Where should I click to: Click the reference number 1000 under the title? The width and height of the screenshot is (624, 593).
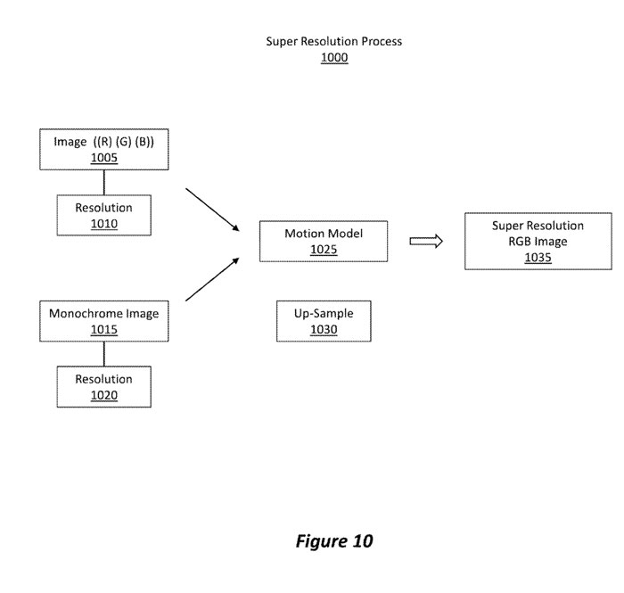pyautogui.click(x=334, y=58)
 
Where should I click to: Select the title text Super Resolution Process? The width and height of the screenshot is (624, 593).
pyautogui.click(x=334, y=42)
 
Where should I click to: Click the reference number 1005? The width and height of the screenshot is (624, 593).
pyautogui.click(x=104, y=158)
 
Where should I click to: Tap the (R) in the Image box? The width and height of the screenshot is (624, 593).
pyautogui.click(x=106, y=142)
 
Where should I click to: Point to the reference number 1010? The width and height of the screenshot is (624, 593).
pyautogui.click(x=104, y=224)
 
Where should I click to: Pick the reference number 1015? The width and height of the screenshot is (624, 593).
pyautogui.click(x=104, y=330)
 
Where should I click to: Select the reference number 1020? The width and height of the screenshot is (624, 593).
pyautogui.click(x=104, y=395)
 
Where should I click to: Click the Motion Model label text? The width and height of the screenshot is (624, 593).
pyautogui.click(x=324, y=234)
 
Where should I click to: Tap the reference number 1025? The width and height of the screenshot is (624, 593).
pyautogui.click(x=324, y=250)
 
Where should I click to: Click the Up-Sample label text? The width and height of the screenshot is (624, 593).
pyautogui.click(x=324, y=314)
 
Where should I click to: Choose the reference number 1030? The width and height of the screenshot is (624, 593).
pyautogui.click(x=324, y=330)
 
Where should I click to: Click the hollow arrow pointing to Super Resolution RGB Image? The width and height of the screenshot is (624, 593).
pyautogui.click(x=426, y=241)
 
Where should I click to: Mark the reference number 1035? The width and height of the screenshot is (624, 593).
pyautogui.click(x=538, y=258)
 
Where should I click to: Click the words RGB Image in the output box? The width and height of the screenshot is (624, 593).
pyautogui.click(x=538, y=242)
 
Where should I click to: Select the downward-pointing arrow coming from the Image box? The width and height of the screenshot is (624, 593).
pyautogui.click(x=214, y=210)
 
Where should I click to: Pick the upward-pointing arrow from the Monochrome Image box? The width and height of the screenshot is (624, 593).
pyautogui.click(x=214, y=278)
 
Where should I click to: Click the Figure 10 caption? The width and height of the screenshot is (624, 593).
pyautogui.click(x=334, y=541)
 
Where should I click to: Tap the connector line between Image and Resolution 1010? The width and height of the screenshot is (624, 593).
pyautogui.click(x=104, y=182)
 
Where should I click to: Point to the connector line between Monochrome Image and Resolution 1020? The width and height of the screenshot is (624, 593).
pyautogui.click(x=104, y=353)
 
